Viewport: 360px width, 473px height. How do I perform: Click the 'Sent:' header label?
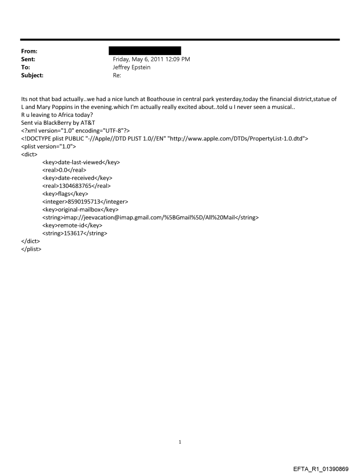pos(29,59)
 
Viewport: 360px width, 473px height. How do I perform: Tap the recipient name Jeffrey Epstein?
pos(132,67)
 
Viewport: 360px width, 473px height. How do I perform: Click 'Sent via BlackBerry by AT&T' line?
pos(58,123)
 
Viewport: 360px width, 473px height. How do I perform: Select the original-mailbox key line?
pos(80,210)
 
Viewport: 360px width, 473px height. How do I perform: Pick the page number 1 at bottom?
pos(180,442)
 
